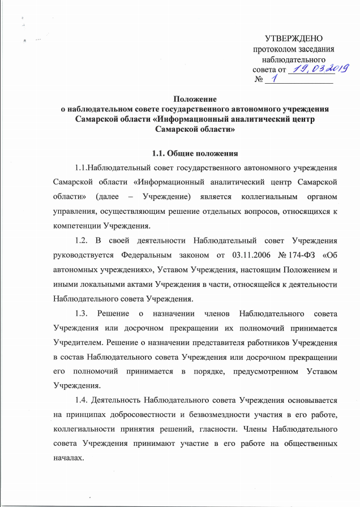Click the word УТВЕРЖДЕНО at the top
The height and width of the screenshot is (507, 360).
293,39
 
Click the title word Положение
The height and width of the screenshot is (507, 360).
195,99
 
